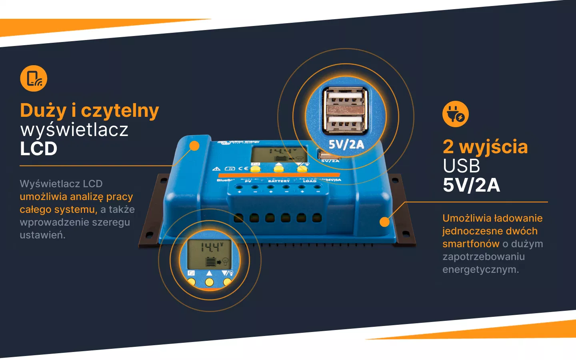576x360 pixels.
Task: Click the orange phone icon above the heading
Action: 34,78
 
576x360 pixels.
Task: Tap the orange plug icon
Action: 455,114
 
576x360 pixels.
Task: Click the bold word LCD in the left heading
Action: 39,149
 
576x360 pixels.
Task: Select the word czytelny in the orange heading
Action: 120,111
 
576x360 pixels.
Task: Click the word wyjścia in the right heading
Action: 494,147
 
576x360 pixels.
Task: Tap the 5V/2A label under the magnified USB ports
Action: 346,144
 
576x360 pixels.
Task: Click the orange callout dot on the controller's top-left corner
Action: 194,146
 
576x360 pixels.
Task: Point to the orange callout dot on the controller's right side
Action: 384,222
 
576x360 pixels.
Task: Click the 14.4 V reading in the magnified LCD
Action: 210,247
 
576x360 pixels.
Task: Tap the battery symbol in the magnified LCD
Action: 211,262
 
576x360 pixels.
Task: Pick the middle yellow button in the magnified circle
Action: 209,282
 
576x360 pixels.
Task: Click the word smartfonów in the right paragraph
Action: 471,244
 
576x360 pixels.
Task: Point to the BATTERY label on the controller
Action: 278,181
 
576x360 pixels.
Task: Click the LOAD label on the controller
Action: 309,181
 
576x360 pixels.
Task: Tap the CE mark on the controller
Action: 243,168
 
